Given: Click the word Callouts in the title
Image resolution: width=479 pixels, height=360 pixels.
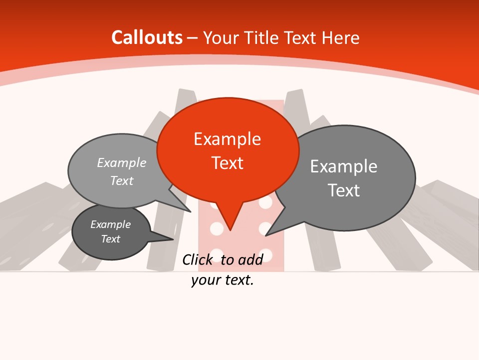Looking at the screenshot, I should coord(147,37).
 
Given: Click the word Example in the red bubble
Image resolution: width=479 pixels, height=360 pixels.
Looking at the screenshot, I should coord(227,139).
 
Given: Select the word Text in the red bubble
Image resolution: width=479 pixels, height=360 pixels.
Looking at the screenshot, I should coord(227,163).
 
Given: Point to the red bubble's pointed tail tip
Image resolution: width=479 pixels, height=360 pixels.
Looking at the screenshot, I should coord(230,230).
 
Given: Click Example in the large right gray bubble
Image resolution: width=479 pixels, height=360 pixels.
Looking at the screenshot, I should coord(344,166).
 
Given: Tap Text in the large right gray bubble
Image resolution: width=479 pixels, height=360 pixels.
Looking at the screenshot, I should coord(344,190).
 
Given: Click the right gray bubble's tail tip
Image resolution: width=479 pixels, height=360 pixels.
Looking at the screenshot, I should coord(266,235).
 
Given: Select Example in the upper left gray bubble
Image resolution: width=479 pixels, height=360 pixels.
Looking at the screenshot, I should coord(122,163).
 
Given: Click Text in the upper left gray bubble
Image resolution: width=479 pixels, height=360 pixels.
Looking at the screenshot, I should coord(122,180).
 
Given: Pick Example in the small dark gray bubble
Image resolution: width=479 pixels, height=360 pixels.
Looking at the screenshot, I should coord(110,224).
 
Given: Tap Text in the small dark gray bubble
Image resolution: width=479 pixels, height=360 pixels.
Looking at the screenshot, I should coord(110,239).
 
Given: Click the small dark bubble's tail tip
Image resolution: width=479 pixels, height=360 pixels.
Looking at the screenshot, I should coord(173,239).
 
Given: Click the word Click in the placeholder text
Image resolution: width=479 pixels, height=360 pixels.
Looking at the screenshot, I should coord(197,259).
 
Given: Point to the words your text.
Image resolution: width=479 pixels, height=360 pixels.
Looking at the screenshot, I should coord(223,280).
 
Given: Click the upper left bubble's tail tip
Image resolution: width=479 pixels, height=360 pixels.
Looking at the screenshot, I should coord(191,212).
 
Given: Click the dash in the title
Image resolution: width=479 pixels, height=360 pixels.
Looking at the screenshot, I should coord(193,38).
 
